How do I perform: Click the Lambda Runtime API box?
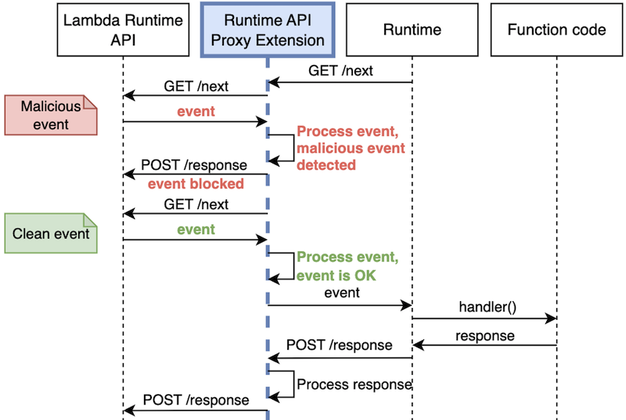click(123, 30)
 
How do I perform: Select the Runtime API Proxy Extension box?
click(268, 30)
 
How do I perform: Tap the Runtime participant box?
click(412, 30)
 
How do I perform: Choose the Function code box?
click(556, 30)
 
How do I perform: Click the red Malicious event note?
click(50, 115)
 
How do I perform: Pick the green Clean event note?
click(50, 233)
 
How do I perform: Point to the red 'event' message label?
click(196, 112)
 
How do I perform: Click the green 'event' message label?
click(196, 230)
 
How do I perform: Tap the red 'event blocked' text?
click(196, 184)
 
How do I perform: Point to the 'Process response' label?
click(354, 384)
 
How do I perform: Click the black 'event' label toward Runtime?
click(341, 293)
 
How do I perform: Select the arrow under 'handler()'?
click(484, 318)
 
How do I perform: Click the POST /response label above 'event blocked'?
click(194, 166)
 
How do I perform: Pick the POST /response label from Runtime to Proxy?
click(340, 344)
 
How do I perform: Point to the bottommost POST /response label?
click(196, 400)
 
